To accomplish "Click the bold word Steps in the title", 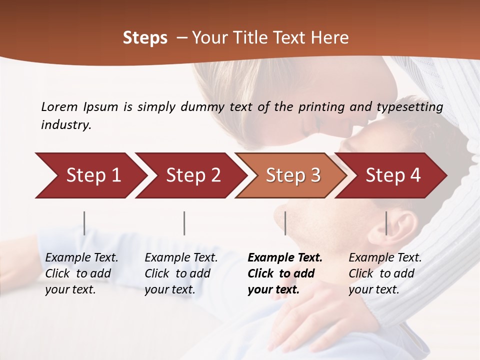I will pyautogui.click(x=145, y=38).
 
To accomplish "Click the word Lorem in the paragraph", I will pyautogui.click(x=59, y=106).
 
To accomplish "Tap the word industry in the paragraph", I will pyautogui.click(x=65, y=125).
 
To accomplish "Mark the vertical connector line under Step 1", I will pyautogui.click(x=84, y=223).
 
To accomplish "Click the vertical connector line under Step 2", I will pyautogui.click(x=184, y=223).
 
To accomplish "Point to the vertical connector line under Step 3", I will pyautogui.click(x=285, y=223).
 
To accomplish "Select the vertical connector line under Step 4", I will pyautogui.click(x=386, y=223).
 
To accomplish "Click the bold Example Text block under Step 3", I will pyautogui.click(x=285, y=273).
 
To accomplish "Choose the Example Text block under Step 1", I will pyautogui.click(x=81, y=273).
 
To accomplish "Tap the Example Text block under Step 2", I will pyautogui.click(x=181, y=273).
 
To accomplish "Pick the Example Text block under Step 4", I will pyautogui.click(x=385, y=273).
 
